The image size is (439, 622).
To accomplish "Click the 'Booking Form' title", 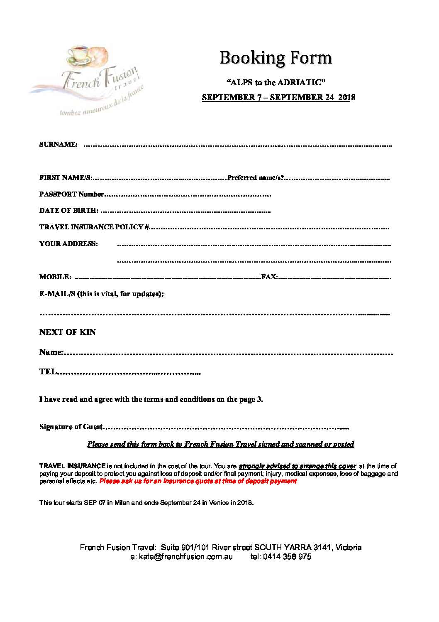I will point(276,58).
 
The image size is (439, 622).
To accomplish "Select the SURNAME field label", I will point(58,145).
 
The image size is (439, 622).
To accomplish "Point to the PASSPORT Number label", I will point(71,194).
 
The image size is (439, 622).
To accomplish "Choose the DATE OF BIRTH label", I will point(69,210).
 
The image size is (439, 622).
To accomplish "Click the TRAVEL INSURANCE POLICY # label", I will point(94,227).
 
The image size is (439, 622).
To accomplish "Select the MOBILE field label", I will point(55,277).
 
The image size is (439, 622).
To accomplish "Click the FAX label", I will point(269,277).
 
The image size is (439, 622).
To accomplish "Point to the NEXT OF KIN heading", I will point(68,332).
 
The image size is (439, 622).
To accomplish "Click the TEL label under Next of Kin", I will point(47,372).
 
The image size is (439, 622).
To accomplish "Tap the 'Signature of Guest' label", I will point(71,427).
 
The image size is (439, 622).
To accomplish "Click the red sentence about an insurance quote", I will point(198,481).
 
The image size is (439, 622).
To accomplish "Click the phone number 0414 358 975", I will point(287,557).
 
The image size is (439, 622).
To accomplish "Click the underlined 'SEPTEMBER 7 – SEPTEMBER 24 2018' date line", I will point(278,98).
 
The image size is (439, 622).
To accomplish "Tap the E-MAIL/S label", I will point(102,294).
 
